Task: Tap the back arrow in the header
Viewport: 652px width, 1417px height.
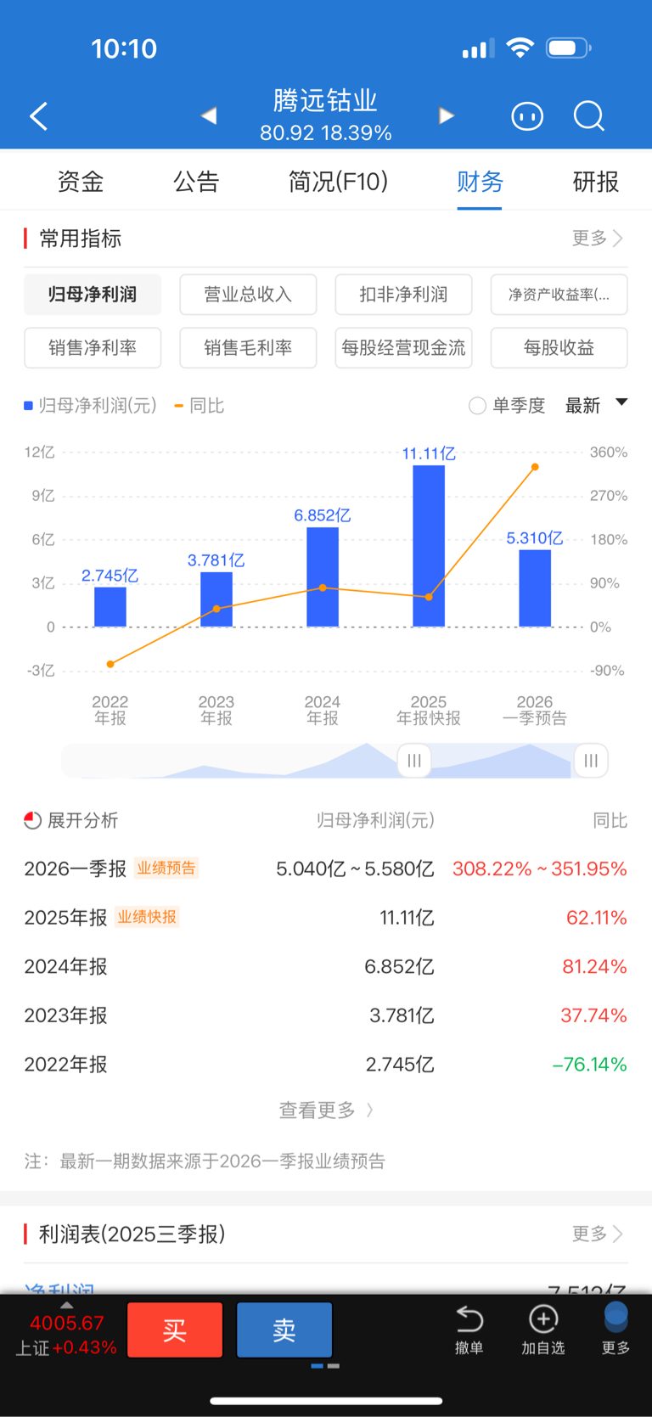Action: click(x=39, y=116)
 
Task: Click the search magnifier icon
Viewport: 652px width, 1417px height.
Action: click(x=588, y=116)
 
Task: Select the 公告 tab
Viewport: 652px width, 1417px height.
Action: click(x=196, y=182)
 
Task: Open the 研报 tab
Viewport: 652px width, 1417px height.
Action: click(x=595, y=182)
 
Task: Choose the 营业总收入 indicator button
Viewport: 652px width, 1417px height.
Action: click(x=248, y=295)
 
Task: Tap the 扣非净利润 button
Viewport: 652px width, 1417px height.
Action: click(x=403, y=295)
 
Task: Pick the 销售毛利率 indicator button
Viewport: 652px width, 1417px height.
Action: click(x=248, y=348)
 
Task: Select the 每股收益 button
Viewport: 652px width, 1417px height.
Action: click(x=559, y=348)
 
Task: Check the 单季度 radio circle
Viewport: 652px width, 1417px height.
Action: click(x=478, y=406)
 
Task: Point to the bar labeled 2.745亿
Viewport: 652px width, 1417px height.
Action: click(x=110, y=606)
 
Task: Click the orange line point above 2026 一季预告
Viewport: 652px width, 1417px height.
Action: click(x=535, y=467)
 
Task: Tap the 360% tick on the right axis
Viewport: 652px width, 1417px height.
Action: click(x=609, y=453)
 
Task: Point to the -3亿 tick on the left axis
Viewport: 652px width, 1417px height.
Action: click(x=41, y=671)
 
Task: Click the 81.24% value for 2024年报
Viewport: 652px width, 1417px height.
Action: click(x=594, y=966)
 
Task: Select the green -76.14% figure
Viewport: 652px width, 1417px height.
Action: click(x=589, y=1064)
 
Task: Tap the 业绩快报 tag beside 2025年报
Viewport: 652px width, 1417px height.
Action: click(x=147, y=917)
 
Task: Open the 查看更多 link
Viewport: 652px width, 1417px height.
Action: click(x=325, y=1110)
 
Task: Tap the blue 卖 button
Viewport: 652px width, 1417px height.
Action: click(x=284, y=1330)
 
